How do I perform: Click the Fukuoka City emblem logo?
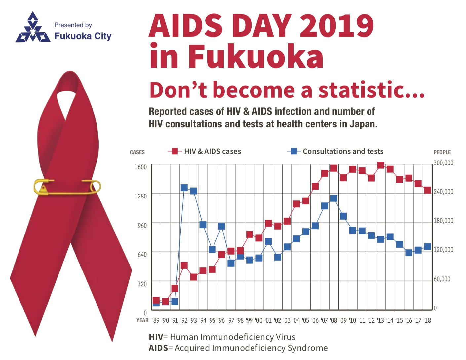click(32, 28)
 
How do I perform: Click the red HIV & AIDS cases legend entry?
click(205, 151)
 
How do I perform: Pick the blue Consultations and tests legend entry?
click(335, 151)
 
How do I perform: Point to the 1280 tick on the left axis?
click(140, 196)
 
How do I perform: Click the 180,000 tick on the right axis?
click(443, 221)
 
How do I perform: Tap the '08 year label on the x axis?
click(333, 320)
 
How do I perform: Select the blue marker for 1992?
click(184, 188)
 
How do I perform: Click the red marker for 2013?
click(380, 165)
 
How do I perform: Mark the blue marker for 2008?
click(334, 198)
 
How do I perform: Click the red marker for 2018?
click(427, 190)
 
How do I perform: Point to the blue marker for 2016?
click(409, 253)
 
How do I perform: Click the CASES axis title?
click(137, 152)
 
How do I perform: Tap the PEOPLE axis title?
click(442, 152)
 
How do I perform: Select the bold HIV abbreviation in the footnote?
click(156, 337)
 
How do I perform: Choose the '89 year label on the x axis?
click(156, 320)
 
